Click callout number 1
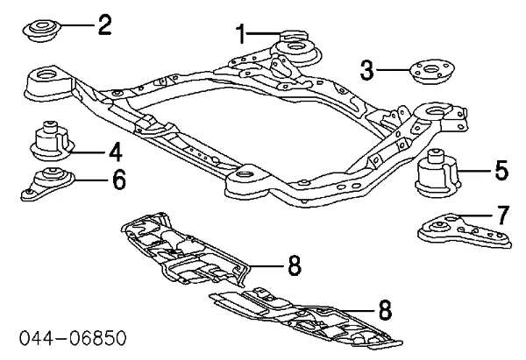[x=241, y=35]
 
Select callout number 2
[x=103, y=24]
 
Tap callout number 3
[x=368, y=67]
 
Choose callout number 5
[x=501, y=170]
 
